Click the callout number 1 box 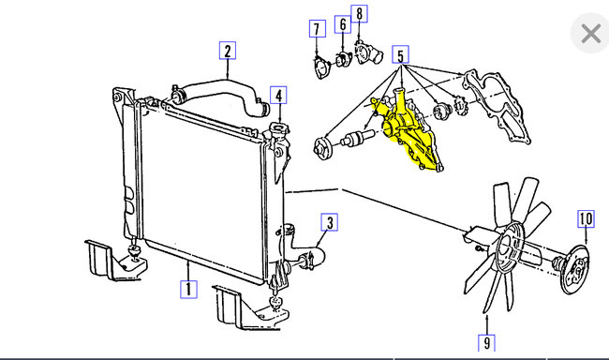[x=188, y=289]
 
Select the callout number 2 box [x=228, y=50]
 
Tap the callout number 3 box [x=329, y=222]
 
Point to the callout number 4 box [x=278, y=94]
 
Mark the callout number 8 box [x=360, y=14]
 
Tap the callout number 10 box [x=586, y=220]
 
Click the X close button [x=590, y=35]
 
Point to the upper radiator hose [x=220, y=94]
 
